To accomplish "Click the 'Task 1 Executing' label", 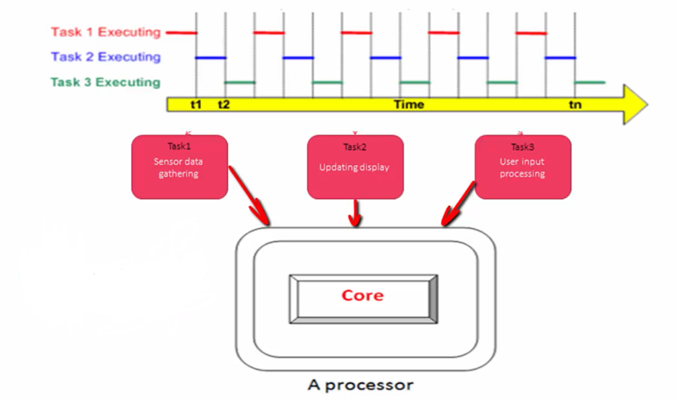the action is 106,32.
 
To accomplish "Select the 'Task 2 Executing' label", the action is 106,57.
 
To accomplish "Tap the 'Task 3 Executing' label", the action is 105,82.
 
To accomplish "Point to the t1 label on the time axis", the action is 196,104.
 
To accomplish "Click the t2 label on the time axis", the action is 223,104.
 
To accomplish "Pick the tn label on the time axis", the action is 575,104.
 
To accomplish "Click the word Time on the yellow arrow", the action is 409,104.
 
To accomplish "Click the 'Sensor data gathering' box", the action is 180,167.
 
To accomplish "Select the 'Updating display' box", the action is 355,167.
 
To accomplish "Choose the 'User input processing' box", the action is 523,167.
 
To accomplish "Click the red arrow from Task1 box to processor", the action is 249,195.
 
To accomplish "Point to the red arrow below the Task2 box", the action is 355,213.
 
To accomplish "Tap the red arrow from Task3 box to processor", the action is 458,203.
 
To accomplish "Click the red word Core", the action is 362,295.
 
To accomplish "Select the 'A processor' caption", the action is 360,385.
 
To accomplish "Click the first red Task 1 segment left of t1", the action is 181,32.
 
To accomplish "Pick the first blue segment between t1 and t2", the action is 211,57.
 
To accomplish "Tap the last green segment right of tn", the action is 589,82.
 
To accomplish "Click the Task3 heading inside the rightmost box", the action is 522,147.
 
